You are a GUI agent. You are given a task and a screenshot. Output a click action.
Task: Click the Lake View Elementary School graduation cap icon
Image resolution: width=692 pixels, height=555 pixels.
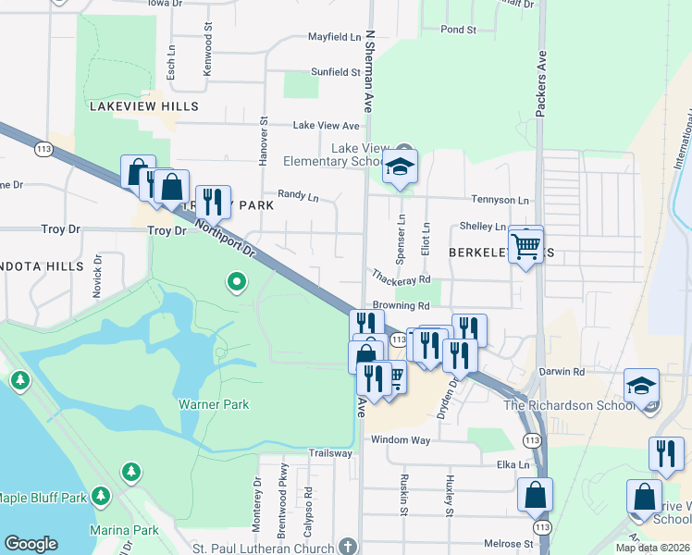(x=401, y=166)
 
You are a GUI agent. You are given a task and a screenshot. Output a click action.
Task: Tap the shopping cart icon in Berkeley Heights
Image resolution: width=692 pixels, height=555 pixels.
(x=525, y=245)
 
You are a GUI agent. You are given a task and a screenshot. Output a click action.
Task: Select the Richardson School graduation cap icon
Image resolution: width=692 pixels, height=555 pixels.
(x=642, y=387)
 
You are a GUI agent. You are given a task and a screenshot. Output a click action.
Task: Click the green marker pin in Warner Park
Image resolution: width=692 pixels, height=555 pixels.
(x=237, y=280)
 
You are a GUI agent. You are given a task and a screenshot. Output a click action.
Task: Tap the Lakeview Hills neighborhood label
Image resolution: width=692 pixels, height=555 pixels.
(x=143, y=106)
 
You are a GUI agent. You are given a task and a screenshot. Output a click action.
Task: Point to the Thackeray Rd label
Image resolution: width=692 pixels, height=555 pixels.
(x=402, y=277)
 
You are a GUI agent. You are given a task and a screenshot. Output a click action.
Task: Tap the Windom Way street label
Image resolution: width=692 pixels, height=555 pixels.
(x=401, y=440)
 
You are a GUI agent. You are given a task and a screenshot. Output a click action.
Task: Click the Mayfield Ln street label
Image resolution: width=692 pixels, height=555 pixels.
(x=334, y=38)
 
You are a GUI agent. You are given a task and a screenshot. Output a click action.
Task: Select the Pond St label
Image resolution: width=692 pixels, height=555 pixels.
(x=458, y=30)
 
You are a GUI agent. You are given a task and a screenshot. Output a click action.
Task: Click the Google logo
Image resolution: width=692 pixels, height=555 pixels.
(x=31, y=544)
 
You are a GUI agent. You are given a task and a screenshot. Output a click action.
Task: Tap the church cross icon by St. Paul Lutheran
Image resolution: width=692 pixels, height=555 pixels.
(x=347, y=547)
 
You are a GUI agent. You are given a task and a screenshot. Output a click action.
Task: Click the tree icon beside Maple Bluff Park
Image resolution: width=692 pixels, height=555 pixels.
(x=100, y=497)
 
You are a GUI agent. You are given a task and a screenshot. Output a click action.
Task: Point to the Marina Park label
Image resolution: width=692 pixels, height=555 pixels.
(x=125, y=531)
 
